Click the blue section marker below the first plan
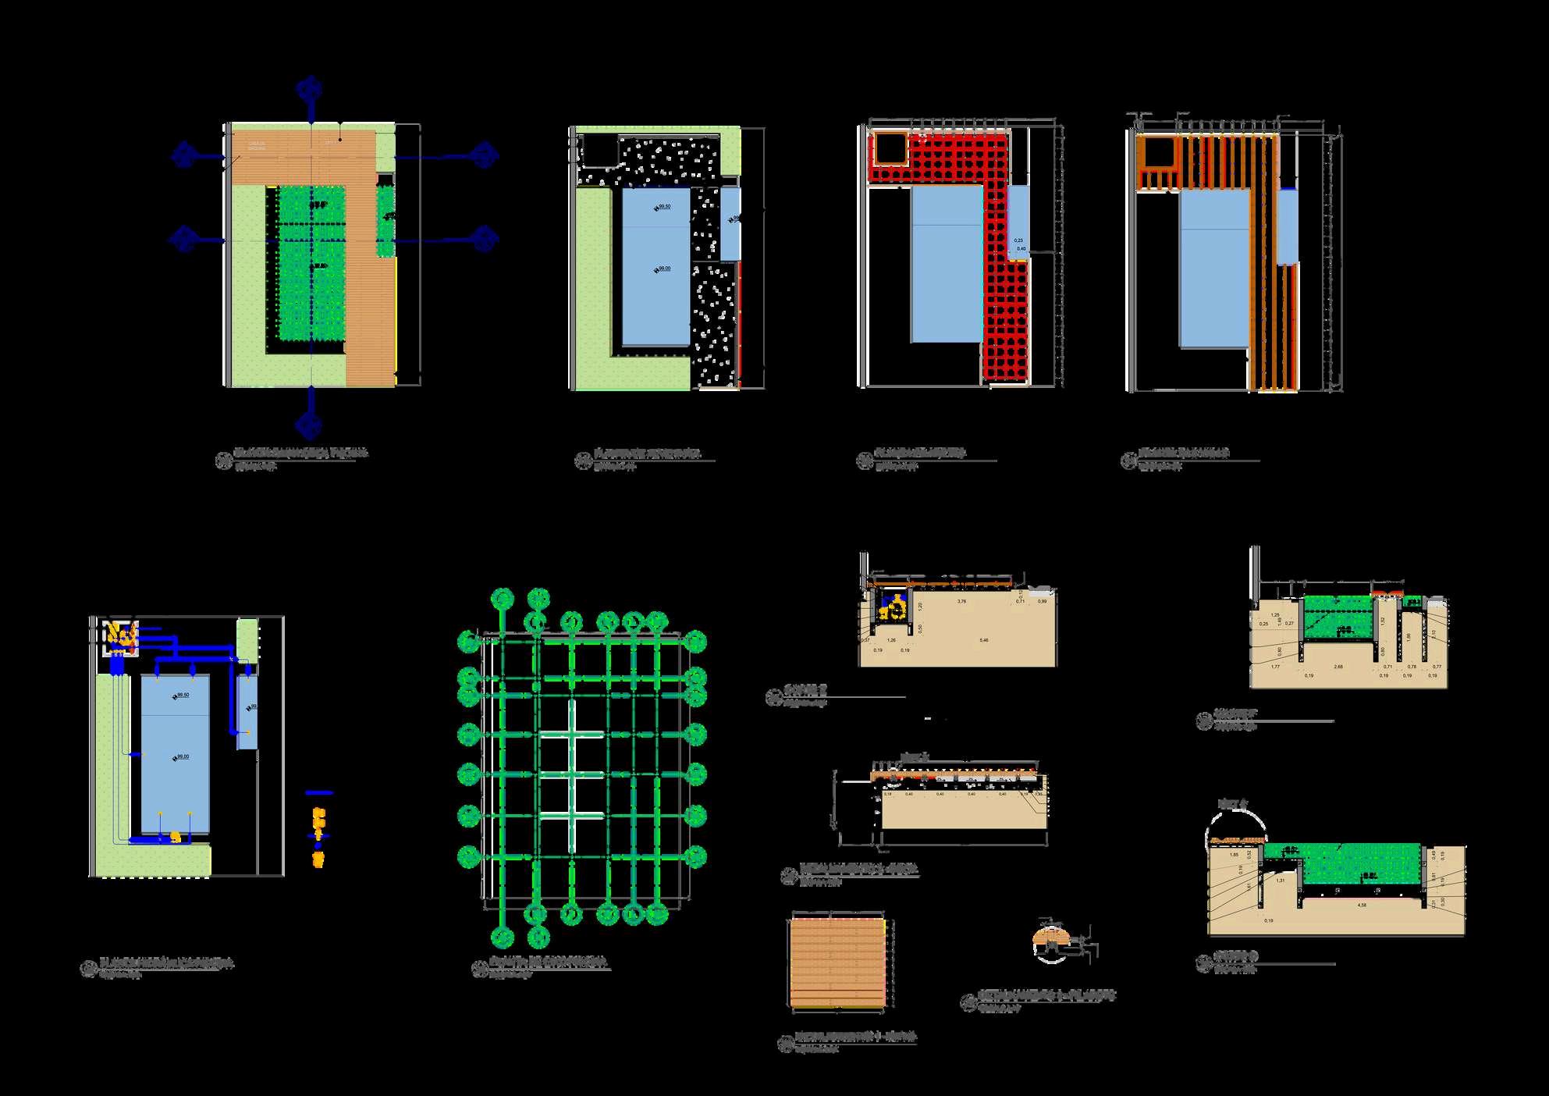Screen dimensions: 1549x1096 (x=310, y=424)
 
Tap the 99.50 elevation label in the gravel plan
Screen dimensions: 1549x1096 (x=663, y=207)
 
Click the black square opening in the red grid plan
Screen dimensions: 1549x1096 (x=889, y=148)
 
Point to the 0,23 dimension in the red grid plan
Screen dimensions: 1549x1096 (x=1018, y=240)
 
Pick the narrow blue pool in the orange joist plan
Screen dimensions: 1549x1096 (x=1287, y=226)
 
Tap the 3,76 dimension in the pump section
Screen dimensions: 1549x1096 (x=961, y=602)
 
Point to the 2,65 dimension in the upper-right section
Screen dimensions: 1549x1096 (x=1339, y=667)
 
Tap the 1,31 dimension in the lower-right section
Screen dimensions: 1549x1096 (x=1281, y=880)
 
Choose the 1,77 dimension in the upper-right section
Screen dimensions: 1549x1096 (x=1275, y=667)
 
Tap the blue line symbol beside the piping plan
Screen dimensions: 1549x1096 (x=318, y=793)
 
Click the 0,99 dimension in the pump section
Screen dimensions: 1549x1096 (x=1042, y=602)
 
